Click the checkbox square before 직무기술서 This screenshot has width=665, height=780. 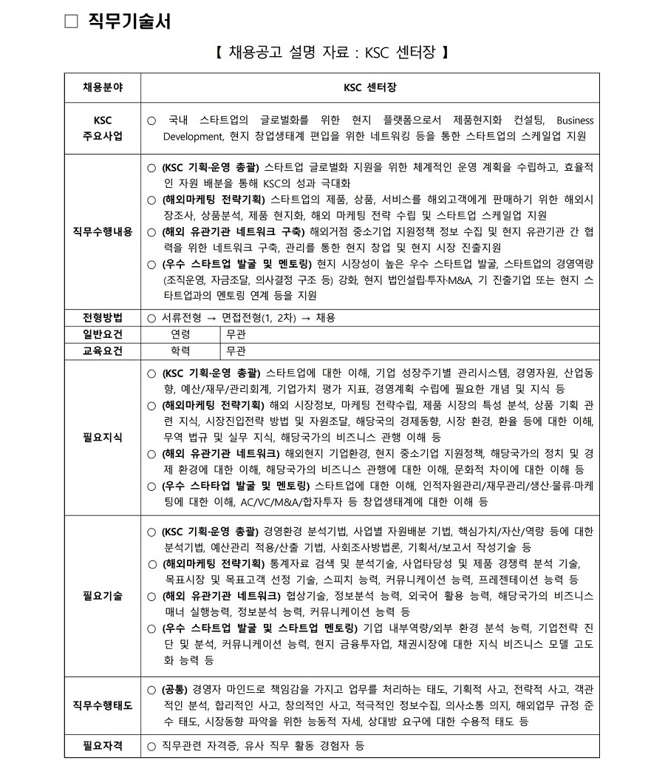pyautogui.click(x=71, y=21)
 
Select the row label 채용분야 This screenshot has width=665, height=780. pyautogui.click(x=103, y=87)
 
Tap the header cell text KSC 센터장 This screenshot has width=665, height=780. pyautogui.click(x=369, y=87)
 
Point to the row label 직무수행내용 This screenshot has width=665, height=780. pyautogui.click(x=103, y=231)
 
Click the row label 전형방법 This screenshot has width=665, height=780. pyautogui.click(x=103, y=318)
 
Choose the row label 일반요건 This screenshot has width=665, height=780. pyautogui.click(x=103, y=334)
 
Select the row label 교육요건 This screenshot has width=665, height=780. pyautogui.click(x=103, y=350)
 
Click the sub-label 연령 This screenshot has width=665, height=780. pyautogui.click(x=180, y=334)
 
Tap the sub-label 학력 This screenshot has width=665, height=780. pyautogui.click(x=180, y=350)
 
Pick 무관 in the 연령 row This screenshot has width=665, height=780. pyautogui.click(x=236, y=334)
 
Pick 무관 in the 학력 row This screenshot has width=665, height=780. pyautogui.click(x=236, y=350)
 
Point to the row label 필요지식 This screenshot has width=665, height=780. pyautogui.click(x=103, y=437)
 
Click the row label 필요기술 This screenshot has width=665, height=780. pyautogui.click(x=103, y=595)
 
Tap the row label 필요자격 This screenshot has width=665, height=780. pyautogui.click(x=103, y=747)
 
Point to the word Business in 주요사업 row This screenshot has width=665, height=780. pyautogui.click(x=574, y=120)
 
